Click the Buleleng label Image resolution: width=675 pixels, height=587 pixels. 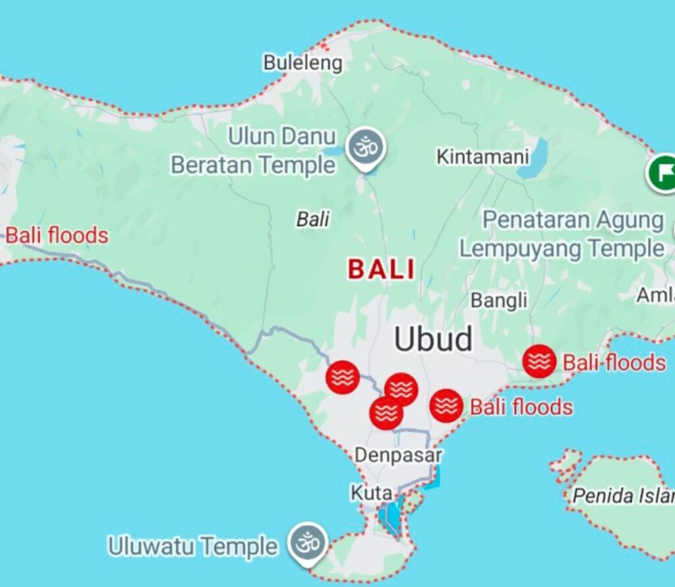(303, 63)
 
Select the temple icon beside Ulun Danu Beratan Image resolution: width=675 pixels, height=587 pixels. (364, 146)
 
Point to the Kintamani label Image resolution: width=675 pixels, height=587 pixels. (483, 157)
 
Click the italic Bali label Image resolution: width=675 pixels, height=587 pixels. (312, 219)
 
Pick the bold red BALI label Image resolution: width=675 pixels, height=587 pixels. (382, 269)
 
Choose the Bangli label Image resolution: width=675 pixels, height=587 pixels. (499, 300)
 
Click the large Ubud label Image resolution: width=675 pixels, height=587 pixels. (433, 339)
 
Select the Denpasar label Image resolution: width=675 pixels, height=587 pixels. (398, 455)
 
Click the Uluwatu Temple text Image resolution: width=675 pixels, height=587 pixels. (192, 546)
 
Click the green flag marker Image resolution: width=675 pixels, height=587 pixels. (662, 173)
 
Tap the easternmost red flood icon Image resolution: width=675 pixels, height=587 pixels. (539, 361)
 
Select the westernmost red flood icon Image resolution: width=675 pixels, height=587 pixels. (343, 377)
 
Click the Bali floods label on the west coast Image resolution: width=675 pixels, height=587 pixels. (57, 236)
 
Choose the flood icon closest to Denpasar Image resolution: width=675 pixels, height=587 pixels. (386, 413)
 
